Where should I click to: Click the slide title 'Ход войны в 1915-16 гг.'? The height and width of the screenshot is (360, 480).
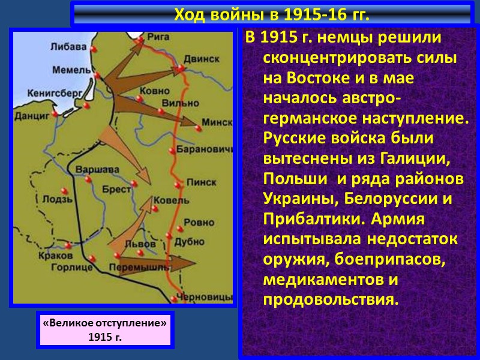(x=271, y=13)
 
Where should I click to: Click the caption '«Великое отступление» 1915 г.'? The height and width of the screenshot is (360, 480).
(x=105, y=329)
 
